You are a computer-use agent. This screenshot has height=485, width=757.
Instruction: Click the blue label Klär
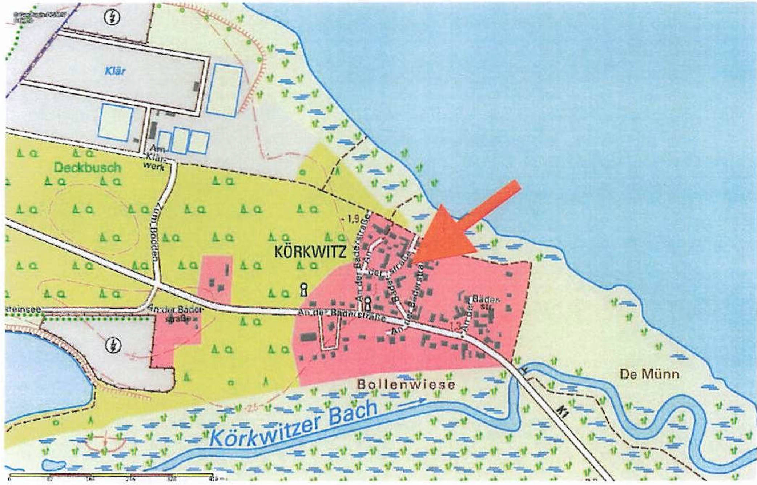click(x=115, y=71)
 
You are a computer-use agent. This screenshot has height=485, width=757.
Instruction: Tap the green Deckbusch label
click(x=87, y=168)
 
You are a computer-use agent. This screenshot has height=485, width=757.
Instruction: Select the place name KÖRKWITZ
click(x=310, y=252)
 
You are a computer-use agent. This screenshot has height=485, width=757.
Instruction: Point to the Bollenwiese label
click(x=406, y=384)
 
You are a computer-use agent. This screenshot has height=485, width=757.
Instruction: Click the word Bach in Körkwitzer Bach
click(x=351, y=412)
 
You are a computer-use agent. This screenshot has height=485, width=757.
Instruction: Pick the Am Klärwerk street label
click(x=157, y=159)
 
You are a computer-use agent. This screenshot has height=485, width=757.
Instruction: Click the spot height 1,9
click(x=351, y=219)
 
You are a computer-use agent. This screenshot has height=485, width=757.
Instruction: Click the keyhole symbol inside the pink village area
click(x=367, y=302)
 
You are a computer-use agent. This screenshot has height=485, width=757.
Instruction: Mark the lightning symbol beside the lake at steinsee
click(x=113, y=345)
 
